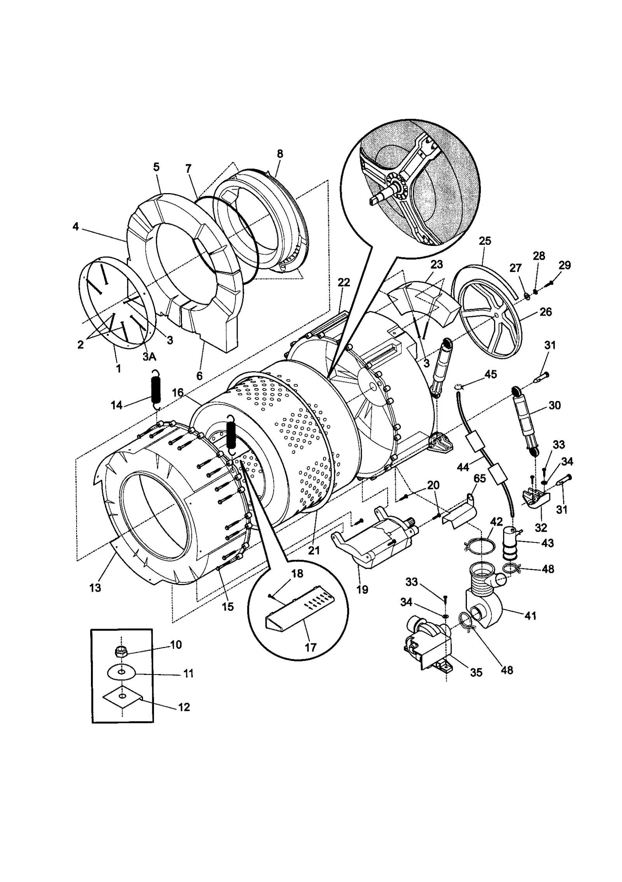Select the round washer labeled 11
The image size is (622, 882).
122,672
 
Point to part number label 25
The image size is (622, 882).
485,241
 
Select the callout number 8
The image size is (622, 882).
280,153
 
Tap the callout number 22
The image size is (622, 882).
344,282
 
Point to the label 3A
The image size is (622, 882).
149,357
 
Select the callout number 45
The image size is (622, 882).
491,374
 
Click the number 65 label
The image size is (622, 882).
480,478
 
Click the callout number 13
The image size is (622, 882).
95,587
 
